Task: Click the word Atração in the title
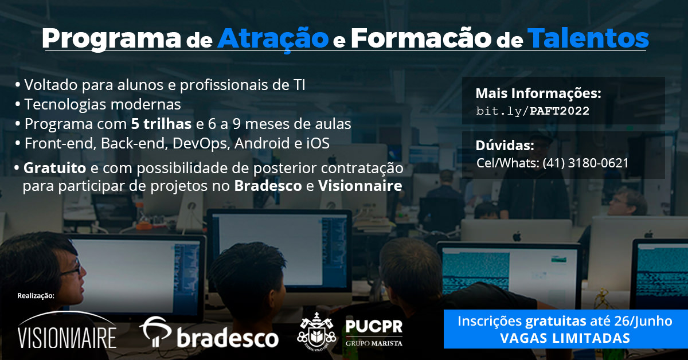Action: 273,39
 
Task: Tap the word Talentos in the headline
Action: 588,38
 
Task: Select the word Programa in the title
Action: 111,40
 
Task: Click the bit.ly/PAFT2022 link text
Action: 533,111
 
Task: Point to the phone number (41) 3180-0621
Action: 586,163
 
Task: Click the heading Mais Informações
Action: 538,93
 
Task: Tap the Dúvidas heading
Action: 505,145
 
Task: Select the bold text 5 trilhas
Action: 161,124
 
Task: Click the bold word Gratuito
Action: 54,168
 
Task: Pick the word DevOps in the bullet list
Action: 201,143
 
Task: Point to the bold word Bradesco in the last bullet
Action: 268,186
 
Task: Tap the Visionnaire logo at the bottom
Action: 67,331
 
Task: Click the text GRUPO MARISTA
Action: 374,343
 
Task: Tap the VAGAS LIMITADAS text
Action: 565,338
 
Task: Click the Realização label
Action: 36,296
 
